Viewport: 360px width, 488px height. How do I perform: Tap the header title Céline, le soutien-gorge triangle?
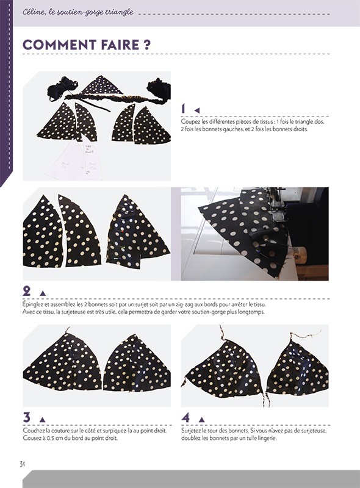click(x=77, y=12)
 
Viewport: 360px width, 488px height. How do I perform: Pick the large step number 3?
click(x=27, y=418)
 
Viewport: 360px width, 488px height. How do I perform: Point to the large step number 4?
click(x=186, y=418)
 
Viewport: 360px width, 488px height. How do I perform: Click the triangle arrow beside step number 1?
click(x=197, y=110)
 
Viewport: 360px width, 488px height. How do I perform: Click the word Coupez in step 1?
click(x=191, y=122)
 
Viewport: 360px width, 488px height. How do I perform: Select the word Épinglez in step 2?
click(x=35, y=304)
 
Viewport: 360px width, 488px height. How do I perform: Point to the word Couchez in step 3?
click(x=35, y=431)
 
